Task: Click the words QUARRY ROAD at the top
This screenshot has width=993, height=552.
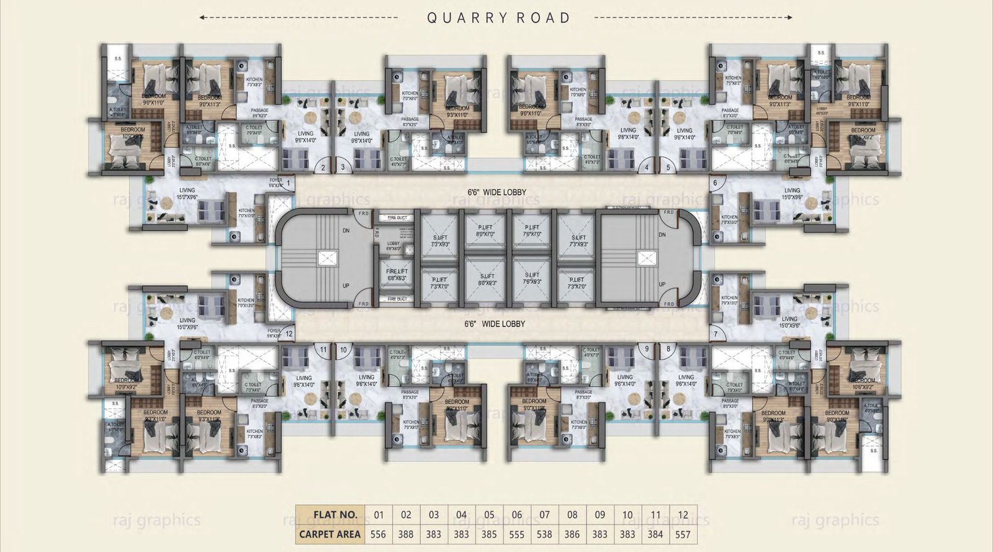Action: pos(498,17)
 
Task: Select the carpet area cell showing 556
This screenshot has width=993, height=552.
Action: pos(378,533)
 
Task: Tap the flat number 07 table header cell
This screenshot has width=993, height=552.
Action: pos(544,515)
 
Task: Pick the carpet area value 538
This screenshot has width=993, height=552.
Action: pos(544,533)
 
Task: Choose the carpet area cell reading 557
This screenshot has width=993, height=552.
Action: pos(683,533)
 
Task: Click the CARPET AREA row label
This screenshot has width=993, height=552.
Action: pos(330,533)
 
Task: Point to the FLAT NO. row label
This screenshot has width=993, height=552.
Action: pos(335,515)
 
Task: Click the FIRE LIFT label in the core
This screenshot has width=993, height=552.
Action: pos(397,274)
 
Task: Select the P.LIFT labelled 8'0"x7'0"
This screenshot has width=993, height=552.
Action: pos(485,230)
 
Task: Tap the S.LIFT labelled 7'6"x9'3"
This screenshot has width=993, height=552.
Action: pos(532,278)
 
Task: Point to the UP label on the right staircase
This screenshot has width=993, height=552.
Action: pos(662,284)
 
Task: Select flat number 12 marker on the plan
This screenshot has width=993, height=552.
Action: pos(289,334)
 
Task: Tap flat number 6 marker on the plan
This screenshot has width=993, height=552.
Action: pos(716,183)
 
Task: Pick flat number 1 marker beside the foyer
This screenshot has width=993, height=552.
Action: pos(289,183)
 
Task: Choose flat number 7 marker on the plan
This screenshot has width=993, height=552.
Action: pos(716,334)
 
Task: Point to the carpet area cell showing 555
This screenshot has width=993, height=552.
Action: pos(516,533)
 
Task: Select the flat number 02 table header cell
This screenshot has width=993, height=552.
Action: pos(406,515)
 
